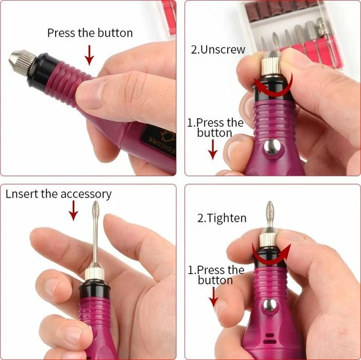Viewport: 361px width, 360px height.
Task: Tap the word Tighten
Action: click(226, 218)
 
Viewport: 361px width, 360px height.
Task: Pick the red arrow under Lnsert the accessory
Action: click(74, 212)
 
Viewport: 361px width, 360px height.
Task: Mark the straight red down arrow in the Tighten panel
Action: click(213, 298)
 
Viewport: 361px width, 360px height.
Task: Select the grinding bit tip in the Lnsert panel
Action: click(75, 231)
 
